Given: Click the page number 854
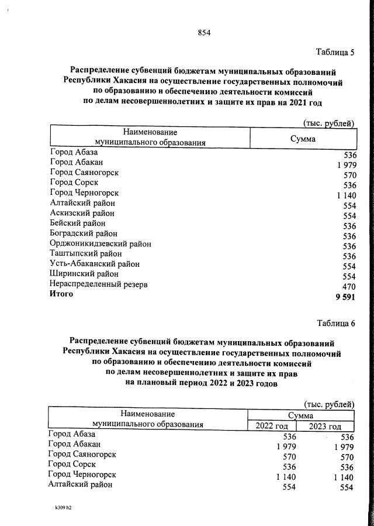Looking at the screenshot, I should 204,33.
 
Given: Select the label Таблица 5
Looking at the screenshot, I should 335,52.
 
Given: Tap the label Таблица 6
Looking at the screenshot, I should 335,323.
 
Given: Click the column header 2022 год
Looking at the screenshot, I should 272,426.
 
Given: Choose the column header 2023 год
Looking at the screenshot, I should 325,426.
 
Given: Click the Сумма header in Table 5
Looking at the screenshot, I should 303,139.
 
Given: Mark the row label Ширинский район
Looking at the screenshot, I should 85,274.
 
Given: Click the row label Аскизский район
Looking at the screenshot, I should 82,213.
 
